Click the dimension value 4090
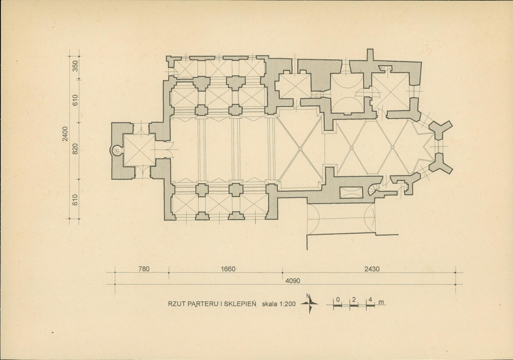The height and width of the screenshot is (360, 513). [x=293, y=281]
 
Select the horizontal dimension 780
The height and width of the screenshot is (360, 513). [x=144, y=269]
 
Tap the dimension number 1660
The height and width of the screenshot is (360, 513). [x=228, y=269]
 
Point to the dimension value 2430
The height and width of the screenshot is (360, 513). [x=372, y=269]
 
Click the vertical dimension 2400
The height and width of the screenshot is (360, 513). [x=66, y=134]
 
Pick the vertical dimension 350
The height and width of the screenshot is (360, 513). [x=75, y=66]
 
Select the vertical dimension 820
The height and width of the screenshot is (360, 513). [x=75, y=149]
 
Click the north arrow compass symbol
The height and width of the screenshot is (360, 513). [x=309, y=303]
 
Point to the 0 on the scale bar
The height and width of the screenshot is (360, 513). [x=338, y=300]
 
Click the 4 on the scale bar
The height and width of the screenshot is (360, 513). [x=370, y=300]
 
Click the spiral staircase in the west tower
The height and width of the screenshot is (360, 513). [x=116, y=151]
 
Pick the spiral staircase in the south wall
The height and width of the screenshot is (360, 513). [x=373, y=190]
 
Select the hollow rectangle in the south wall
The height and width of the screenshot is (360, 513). [x=352, y=192]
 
